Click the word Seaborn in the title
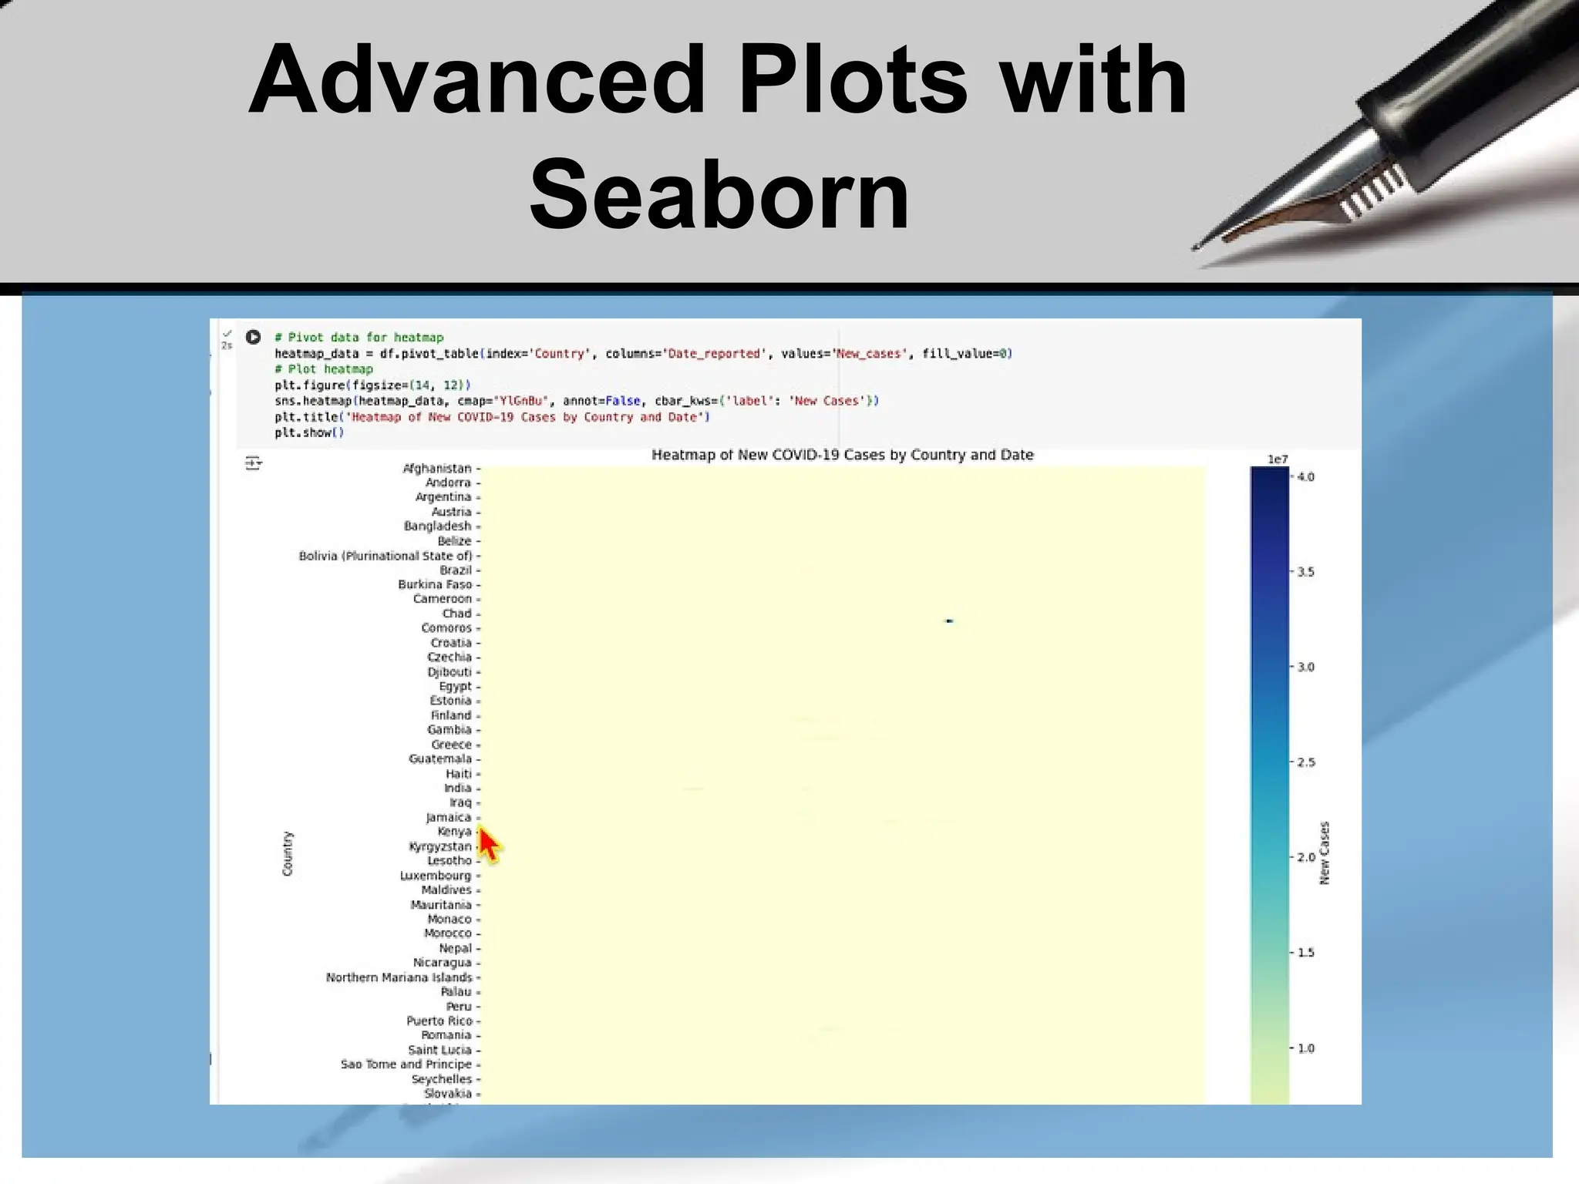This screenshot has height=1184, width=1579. [x=719, y=194]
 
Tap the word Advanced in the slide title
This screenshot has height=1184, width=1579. [x=476, y=79]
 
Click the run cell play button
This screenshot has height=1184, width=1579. [x=253, y=337]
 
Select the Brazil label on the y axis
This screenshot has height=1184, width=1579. [x=455, y=570]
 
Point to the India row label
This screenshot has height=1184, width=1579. [x=457, y=788]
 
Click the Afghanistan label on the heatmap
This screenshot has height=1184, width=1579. [x=436, y=468]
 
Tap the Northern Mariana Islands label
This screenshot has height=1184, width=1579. [x=399, y=977]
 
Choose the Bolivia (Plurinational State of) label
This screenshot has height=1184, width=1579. [x=385, y=556]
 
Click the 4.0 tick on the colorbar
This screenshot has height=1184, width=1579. [x=1305, y=477]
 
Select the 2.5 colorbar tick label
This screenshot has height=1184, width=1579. [x=1305, y=762]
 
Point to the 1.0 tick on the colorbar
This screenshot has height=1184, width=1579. [x=1305, y=1048]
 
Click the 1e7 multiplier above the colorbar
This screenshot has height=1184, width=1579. [x=1278, y=459]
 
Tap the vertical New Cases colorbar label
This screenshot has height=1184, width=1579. [x=1325, y=853]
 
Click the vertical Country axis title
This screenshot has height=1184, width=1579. [x=288, y=853]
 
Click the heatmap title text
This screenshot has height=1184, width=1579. [x=842, y=455]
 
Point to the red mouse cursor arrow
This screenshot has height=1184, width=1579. [x=488, y=844]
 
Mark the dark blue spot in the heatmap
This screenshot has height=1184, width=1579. [x=949, y=621]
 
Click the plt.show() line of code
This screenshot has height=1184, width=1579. [x=309, y=432]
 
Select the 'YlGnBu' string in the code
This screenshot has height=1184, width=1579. [x=520, y=401]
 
